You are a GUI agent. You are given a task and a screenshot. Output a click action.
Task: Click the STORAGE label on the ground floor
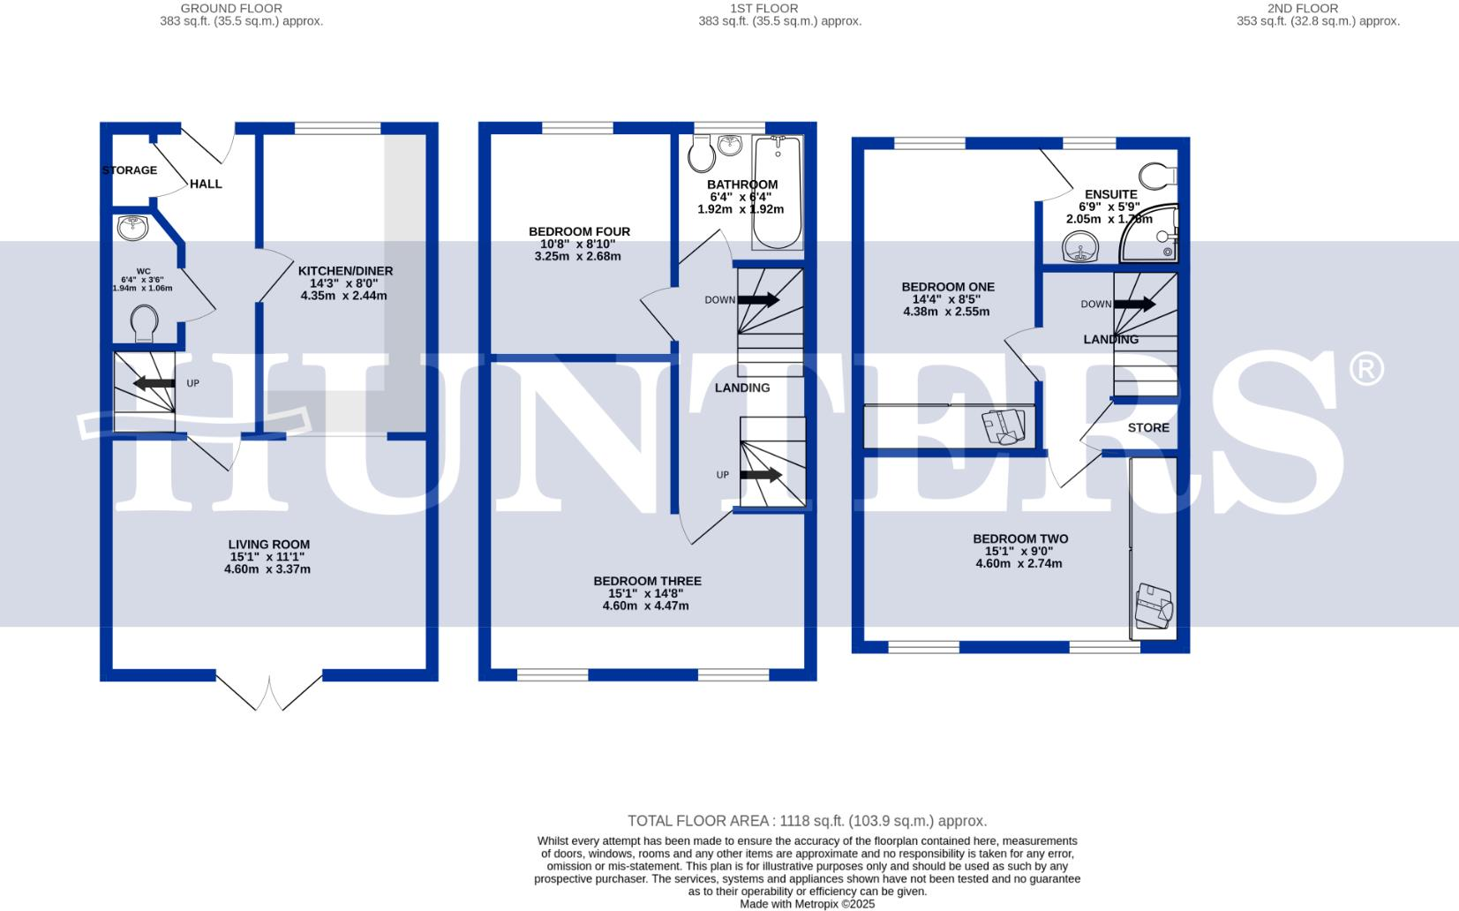(129, 170)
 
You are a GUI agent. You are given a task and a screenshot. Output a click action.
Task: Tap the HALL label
(206, 184)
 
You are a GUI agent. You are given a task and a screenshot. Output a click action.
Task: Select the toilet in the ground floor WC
(144, 323)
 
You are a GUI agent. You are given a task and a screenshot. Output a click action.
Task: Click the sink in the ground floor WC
(133, 227)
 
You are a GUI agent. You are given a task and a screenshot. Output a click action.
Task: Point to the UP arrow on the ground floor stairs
(154, 383)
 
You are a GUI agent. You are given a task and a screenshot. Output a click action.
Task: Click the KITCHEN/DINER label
(345, 271)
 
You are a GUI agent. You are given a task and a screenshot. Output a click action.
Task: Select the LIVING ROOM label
(268, 545)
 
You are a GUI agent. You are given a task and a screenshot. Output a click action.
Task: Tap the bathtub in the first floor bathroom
(778, 192)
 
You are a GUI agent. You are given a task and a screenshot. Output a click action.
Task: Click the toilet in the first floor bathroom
(703, 155)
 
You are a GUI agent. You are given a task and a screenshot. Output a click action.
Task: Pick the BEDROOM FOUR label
(579, 231)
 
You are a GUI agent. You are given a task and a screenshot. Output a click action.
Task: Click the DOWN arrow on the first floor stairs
(758, 300)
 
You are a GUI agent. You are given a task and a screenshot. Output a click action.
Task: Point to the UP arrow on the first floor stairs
(761, 475)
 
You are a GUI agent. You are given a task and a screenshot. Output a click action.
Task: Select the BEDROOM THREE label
(647, 581)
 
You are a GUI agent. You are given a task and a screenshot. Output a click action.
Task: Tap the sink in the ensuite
(1079, 247)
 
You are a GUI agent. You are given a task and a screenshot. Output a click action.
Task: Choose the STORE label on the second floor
(1148, 427)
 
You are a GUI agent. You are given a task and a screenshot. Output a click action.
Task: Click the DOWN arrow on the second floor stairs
(1134, 305)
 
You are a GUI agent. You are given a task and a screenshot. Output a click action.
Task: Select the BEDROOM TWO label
(1020, 538)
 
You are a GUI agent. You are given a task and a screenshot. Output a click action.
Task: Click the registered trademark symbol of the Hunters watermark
(1365, 369)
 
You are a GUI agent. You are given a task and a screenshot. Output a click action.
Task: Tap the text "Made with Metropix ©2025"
(807, 904)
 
